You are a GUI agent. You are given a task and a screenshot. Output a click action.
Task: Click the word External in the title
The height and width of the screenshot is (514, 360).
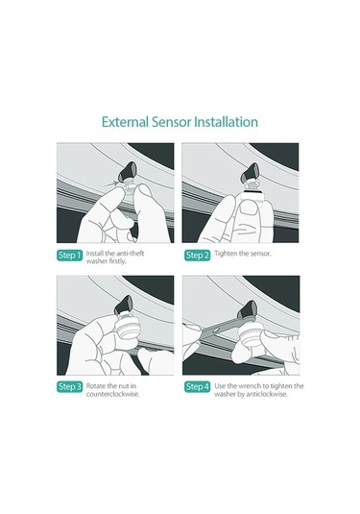(x=125, y=122)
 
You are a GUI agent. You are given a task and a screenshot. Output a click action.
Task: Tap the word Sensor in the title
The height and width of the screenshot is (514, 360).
(x=171, y=122)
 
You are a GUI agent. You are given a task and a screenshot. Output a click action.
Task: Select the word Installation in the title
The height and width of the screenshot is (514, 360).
(x=226, y=122)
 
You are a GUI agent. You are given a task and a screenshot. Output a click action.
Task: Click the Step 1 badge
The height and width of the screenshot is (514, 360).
(x=69, y=256)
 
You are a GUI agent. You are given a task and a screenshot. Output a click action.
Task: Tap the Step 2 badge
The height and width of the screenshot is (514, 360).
(x=197, y=256)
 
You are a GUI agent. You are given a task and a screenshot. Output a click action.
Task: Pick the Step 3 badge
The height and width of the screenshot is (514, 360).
(x=69, y=387)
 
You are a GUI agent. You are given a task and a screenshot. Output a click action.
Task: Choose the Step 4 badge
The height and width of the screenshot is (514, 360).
(x=197, y=387)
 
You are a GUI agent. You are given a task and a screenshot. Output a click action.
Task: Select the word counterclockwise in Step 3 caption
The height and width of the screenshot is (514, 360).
(x=112, y=394)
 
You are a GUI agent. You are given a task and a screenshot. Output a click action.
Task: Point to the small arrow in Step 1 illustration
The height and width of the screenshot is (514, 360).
(x=111, y=184)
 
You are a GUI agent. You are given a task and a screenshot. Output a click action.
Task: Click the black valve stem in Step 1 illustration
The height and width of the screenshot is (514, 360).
(x=129, y=171)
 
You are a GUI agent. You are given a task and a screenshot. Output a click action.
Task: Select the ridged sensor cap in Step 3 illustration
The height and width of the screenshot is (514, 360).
(x=126, y=327)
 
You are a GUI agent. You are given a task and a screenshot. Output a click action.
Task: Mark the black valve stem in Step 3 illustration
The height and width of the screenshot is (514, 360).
(x=125, y=305)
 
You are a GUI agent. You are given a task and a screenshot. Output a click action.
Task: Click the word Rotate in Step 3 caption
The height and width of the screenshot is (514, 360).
(x=95, y=386)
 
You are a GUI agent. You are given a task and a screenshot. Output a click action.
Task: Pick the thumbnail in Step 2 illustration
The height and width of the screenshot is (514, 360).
(x=250, y=208)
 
